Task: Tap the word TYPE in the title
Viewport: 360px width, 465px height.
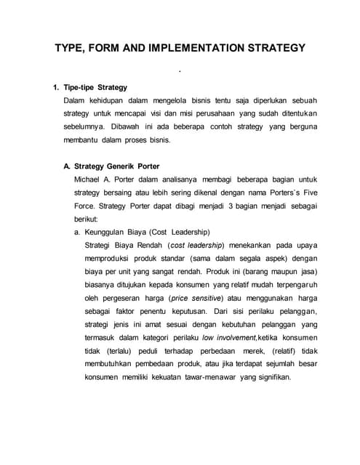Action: point(72,49)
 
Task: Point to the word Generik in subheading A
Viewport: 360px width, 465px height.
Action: point(128,166)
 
